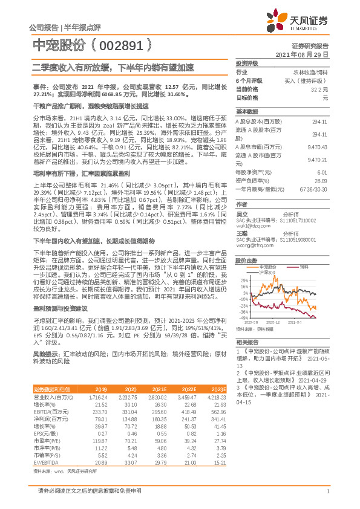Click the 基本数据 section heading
pos(247,112)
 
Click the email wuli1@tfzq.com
pos(253,222)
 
